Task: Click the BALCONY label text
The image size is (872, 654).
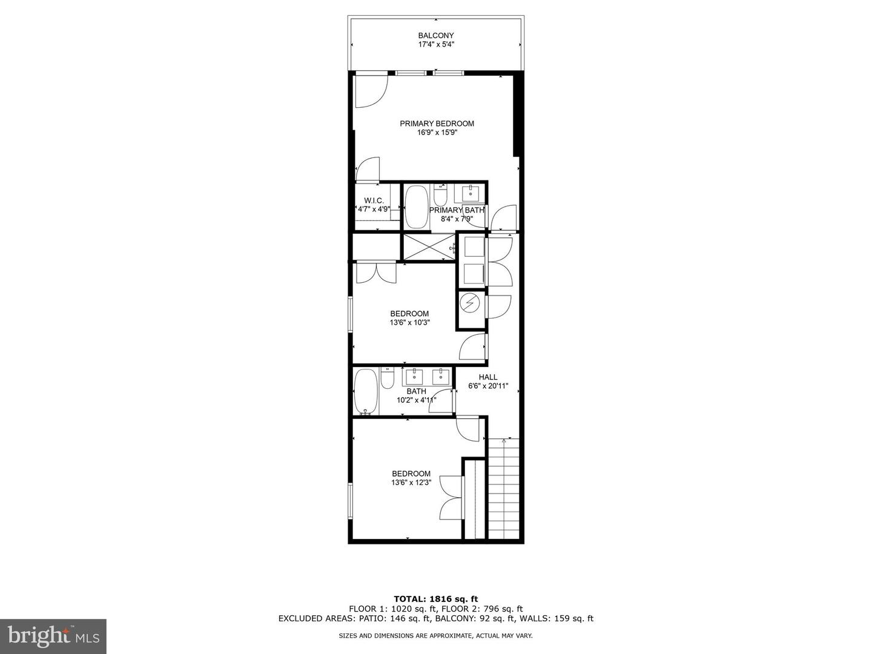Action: click(436, 35)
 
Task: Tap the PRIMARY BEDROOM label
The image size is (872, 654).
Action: click(437, 124)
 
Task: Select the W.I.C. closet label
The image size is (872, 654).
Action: click(374, 201)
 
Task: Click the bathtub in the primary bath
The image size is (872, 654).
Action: click(417, 207)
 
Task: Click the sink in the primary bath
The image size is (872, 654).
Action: click(471, 193)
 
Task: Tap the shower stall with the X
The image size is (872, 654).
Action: click(429, 248)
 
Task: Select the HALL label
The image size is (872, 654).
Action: click(488, 377)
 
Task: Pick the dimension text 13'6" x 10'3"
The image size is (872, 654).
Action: click(409, 322)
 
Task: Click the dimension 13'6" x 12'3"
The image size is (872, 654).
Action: click(411, 483)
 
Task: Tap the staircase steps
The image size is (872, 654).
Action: click(503, 489)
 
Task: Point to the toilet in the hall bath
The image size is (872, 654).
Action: click(387, 378)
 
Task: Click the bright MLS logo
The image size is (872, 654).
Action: click(53, 636)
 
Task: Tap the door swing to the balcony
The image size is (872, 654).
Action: click(371, 91)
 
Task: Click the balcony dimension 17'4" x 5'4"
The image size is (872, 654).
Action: click(436, 44)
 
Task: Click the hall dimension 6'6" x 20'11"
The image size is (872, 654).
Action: click(488, 386)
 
